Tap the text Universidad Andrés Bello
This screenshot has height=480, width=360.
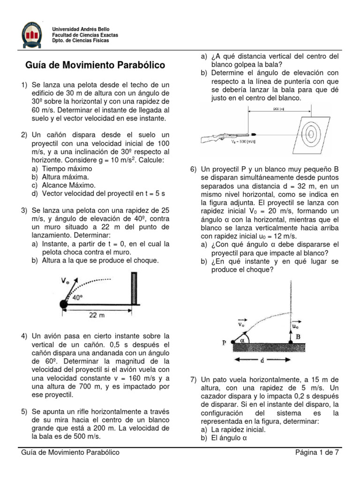pyautogui.click(x=81, y=30)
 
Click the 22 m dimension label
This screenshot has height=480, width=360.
pyautogui.click(x=97, y=315)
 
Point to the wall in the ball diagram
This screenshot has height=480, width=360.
pyautogui.click(x=135, y=289)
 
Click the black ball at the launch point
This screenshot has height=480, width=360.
pyautogui.click(x=64, y=305)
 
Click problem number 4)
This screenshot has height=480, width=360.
pyautogui.click(x=24, y=336)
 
